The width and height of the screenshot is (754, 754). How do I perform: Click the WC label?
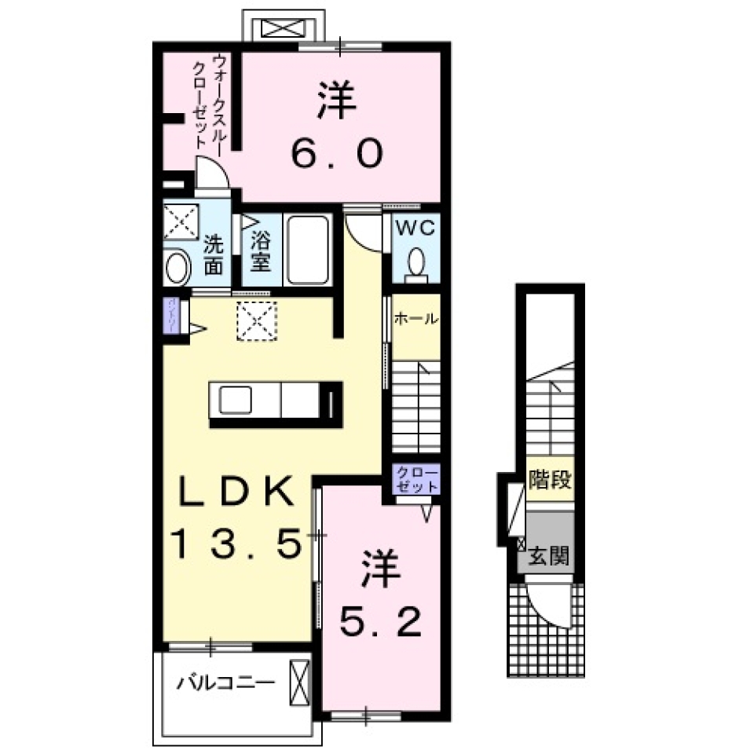415,229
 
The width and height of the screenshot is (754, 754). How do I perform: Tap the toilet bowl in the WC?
416,260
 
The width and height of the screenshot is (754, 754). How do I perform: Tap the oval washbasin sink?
178,267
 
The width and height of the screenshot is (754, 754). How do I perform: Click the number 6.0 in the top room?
338,154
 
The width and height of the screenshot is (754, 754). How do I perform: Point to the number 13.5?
236,543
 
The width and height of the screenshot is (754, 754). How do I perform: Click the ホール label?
415,319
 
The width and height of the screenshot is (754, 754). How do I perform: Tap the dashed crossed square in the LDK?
257,321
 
